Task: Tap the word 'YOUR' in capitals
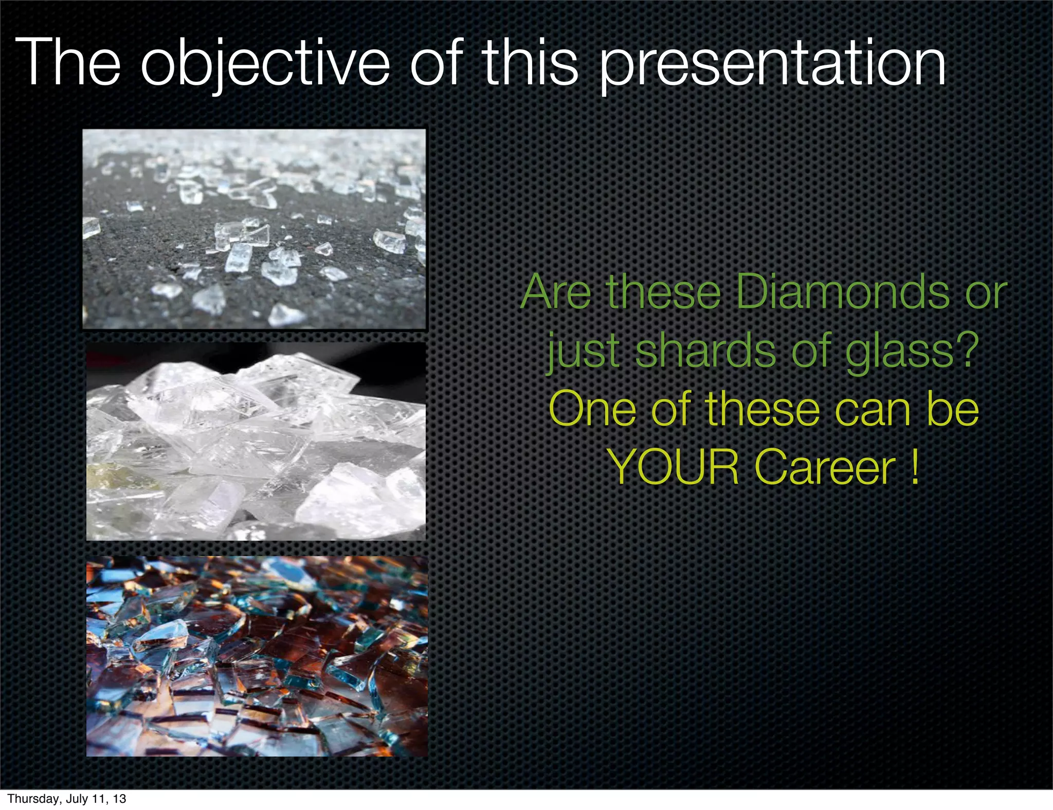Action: click(673, 467)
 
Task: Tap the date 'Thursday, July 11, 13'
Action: click(67, 799)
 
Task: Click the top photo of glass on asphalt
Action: click(255, 229)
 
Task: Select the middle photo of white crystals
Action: click(256, 441)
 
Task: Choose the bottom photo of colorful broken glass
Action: click(257, 656)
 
